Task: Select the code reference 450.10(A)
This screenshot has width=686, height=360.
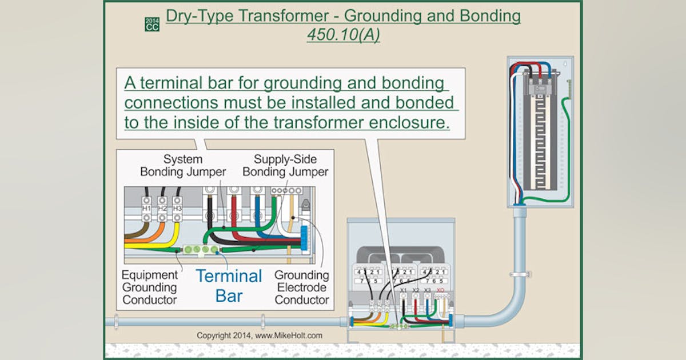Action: coord(343,35)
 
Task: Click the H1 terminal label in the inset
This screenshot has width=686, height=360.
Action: coord(146,209)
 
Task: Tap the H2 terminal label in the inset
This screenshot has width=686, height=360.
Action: coord(162,209)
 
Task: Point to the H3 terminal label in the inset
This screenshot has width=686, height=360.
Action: coord(177,209)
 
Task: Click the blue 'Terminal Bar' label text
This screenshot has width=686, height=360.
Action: coord(229,286)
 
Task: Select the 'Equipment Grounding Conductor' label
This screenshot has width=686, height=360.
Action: coord(149,287)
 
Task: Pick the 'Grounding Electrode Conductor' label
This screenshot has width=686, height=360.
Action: coord(302,287)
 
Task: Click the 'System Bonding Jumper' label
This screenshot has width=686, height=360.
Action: coord(183,165)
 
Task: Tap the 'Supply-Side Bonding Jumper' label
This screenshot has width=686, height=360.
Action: coord(285,165)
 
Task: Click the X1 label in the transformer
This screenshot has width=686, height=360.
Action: coord(403,291)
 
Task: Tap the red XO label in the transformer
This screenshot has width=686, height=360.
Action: coord(440,291)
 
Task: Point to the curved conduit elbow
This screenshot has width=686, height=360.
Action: coord(503,311)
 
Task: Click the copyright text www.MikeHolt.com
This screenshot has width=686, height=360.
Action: coord(259,335)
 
